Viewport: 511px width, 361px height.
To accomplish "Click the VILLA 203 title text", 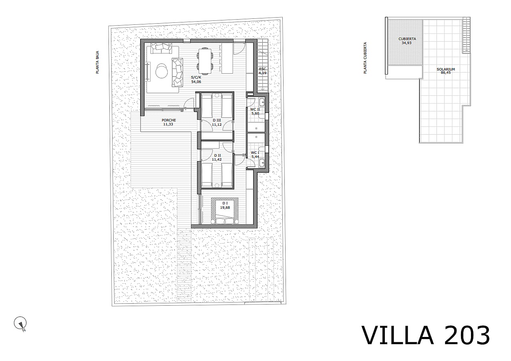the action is tap(426, 335).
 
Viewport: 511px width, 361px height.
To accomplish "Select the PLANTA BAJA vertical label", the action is tap(97, 62).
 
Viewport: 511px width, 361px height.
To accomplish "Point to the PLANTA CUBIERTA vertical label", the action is tap(365, 58).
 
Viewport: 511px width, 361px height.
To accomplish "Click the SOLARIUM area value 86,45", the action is tap(446, 73).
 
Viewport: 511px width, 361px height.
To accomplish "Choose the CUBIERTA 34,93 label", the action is tap(407, 40).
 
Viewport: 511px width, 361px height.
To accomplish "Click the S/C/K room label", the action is tap(196, 77).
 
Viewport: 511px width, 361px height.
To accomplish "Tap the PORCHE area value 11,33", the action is tap(168, 124).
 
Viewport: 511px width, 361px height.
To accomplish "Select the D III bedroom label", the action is tap(217, 120).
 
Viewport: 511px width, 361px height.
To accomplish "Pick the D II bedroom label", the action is tap(217, 155).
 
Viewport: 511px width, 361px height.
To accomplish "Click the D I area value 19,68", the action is tap(225, 208).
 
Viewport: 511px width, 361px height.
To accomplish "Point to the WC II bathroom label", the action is tap(255, 109).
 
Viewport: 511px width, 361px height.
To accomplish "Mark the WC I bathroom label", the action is tap(255, 153).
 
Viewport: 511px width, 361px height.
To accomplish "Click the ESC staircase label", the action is tap(263, 69).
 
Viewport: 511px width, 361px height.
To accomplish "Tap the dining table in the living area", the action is tap(205, 61).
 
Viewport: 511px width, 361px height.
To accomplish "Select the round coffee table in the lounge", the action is tap(161, 71).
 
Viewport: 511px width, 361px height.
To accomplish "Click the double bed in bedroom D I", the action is tap(225, 211).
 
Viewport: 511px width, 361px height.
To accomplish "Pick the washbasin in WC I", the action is tap(262, 163).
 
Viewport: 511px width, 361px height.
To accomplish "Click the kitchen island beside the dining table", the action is tap(227, 58).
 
